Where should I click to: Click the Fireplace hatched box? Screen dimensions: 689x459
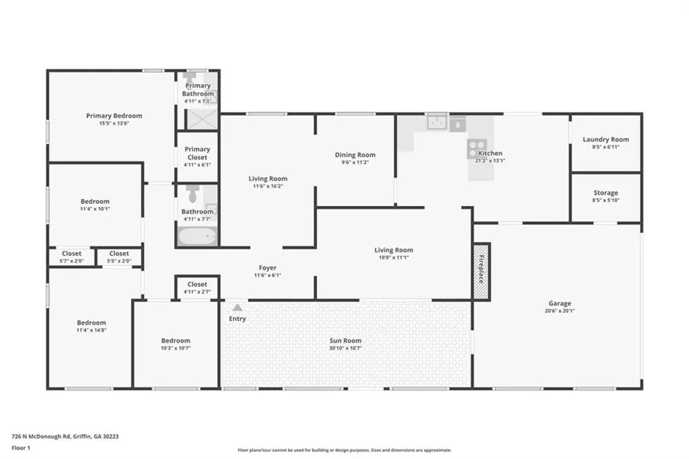pos(482,272)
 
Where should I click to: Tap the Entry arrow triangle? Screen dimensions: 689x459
pos(237,307)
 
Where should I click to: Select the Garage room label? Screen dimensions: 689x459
pos(559,303)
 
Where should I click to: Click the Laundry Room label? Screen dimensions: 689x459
pos(606,139)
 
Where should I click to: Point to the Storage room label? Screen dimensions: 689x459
pos(606,192)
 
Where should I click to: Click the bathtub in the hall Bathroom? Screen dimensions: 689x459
pos(198,236)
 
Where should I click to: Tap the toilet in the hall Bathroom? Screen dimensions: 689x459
pos(192,194)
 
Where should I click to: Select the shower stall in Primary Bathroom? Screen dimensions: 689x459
pos(202,119)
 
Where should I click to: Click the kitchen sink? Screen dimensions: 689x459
pos(438,123)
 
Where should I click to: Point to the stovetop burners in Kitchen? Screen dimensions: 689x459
pos(477,149)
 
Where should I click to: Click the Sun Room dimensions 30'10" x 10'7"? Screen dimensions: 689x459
pos(345,348)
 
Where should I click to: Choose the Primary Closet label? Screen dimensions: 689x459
pos(197,153)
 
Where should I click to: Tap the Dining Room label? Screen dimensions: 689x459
pos(355,155)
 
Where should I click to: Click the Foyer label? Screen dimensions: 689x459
pos(267,267)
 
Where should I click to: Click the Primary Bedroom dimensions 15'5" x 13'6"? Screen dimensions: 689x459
pos(114,123)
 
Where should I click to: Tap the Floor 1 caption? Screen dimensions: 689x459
pos(21,448)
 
